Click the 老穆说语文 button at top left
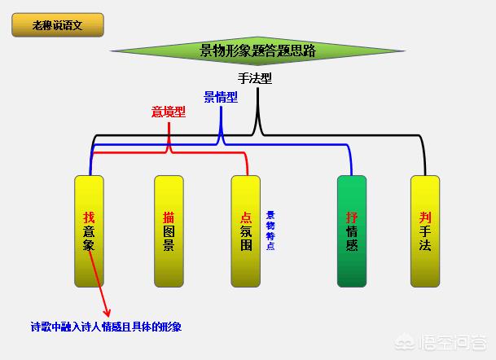tap(58, 25)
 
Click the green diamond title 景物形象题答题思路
tap(257, 51)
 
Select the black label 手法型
tap(255, 79)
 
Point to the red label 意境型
tap(169, 112)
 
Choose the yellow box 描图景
tap(169, 230)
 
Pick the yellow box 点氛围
tap(247, 230)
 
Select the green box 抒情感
tap(352, 230)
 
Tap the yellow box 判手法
tap(424, 230)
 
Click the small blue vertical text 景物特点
tap(270, 230)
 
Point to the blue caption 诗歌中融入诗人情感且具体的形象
tap(106, 327)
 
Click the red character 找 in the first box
tap(89, 217)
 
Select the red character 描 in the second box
tap(169, 217)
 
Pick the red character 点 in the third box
tap(247, 217)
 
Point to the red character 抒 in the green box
tap(352, 217)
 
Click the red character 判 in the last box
tap(424, 217)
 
